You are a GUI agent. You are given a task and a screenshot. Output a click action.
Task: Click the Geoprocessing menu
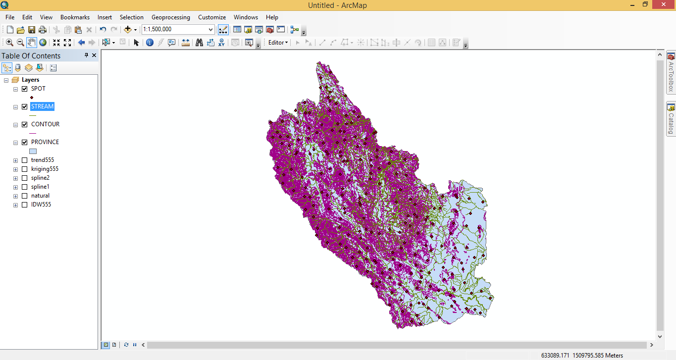coord(170,17)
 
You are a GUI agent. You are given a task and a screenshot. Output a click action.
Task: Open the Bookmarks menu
coord(75,17)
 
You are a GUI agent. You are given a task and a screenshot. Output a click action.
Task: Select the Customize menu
coord(212,17)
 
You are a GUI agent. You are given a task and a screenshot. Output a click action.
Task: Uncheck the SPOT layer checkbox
coord(25,89)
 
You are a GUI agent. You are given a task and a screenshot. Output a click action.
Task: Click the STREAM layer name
coord(42,106)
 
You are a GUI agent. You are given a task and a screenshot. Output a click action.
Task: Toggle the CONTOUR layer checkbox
coord(25,125)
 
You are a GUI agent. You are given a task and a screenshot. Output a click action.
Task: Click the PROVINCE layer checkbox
coord(25,143)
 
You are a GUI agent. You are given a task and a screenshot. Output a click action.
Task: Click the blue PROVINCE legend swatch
coord(33,152)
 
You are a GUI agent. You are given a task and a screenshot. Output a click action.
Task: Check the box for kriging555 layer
coord(25,169)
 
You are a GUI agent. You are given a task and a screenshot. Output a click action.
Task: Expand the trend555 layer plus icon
coord(16,160)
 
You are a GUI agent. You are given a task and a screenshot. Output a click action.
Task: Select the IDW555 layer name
coord(41,205)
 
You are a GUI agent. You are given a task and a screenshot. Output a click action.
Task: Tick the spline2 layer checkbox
coord(25,178)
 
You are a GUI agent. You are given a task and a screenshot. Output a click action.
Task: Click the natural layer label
coord(40,196)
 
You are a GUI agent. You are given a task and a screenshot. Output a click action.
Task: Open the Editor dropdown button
coord(278,43)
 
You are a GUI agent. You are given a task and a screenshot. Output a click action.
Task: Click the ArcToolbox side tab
coord(671,73)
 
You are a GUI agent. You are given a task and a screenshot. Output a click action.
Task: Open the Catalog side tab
coord(671,119)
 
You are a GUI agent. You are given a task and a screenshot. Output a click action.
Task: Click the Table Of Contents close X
coord(94,55)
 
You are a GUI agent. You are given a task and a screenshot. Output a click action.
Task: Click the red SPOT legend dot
coord(32,98)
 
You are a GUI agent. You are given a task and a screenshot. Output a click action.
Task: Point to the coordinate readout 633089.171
coord(555,356)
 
